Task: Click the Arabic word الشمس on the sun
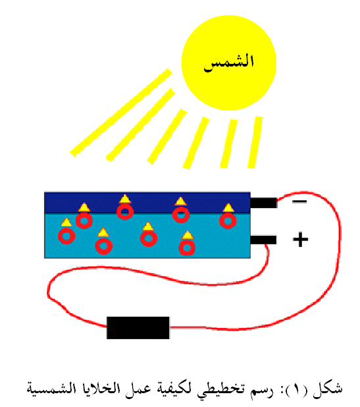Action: (228, 63)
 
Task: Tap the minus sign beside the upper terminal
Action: (299, 201)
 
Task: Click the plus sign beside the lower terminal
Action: (300, 239)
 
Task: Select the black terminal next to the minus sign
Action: (263, 203)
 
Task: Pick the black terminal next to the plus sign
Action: (263, 240)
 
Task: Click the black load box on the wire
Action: (138, 327)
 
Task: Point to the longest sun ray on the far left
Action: (121, 113)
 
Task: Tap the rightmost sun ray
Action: (255, 142)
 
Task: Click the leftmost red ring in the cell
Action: (66, 236)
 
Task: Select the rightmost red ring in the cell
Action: (228, 221)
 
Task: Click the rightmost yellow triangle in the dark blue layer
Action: (228, 207)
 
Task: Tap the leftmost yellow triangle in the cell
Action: (66, 223)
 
